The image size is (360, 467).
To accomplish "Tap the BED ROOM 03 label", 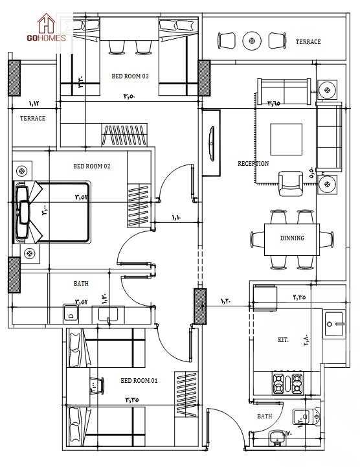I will [x=130, y=76].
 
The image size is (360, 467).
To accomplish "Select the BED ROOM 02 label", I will [x=91, y=166].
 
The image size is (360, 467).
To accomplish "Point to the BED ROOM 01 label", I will [x=139, y=380].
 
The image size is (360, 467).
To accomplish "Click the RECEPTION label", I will [x=253, y=164].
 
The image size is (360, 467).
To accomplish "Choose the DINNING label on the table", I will [x=292, y=238].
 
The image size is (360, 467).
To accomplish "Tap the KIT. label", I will [x=283, y=339].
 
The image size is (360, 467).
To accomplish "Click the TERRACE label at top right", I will [x=308, y=42].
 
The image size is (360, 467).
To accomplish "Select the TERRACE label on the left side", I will [x=32, y=119].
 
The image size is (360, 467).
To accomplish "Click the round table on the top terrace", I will [x=252, y=41].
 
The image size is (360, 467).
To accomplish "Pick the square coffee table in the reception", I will [x=286, y=139].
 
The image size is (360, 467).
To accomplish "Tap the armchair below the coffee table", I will [x=289, y=183].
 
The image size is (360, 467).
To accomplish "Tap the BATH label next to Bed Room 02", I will [x=81, y=284].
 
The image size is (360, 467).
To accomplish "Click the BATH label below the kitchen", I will [x=264, y=416].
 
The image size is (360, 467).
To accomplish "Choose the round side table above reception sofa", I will [x=328, y=88].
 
